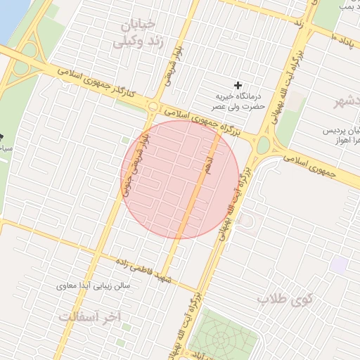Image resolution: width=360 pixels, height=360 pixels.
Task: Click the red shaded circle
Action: click(x=180, y=179)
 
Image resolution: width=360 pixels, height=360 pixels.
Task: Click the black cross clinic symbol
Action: click(x=238, y=85)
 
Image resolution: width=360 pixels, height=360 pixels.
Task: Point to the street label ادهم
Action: click(x=208, y=165)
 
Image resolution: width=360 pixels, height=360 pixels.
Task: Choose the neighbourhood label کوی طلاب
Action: click(x=283, y=299)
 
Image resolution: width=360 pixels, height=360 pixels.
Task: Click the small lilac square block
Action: click(x=340, y=266)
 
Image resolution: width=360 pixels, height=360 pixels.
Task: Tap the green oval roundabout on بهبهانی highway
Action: click(x=264, y=146)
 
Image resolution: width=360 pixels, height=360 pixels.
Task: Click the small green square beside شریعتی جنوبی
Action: click(x=124, y=141)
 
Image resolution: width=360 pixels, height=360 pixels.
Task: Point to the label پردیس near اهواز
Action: click(x=341, y=131)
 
